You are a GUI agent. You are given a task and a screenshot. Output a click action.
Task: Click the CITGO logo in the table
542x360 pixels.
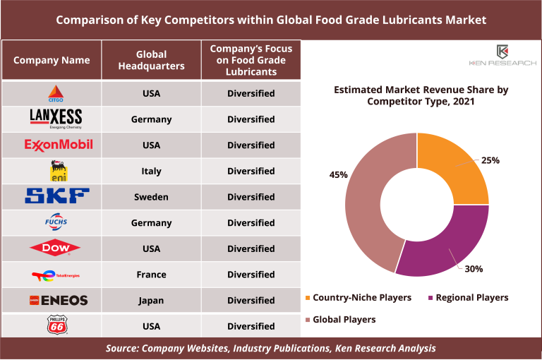pos(54,93)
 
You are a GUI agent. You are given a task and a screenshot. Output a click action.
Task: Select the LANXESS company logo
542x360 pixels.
pos(56,119)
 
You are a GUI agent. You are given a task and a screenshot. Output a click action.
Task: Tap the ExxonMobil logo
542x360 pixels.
pos(59,145)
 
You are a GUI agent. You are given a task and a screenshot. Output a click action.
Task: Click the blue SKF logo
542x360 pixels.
pos(57,196)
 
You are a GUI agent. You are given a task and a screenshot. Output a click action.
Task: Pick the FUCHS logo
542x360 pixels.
pos(55,222)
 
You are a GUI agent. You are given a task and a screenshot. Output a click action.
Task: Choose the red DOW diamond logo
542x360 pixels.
pos(55,248)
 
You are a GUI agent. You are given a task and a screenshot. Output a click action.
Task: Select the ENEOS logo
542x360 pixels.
pos(59,301)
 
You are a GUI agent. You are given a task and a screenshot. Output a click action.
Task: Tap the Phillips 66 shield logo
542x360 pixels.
pos(56,326)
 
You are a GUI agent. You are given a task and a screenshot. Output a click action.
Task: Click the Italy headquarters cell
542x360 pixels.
pos(152,171)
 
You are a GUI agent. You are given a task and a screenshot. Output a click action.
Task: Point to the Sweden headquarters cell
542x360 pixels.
pos(152,197)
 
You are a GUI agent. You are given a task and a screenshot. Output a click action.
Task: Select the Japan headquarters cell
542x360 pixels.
pos(152,301)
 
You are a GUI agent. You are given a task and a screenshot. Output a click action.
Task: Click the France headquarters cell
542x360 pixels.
pos(152,275)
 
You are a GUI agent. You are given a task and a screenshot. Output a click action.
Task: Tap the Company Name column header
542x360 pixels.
pos(52,60)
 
